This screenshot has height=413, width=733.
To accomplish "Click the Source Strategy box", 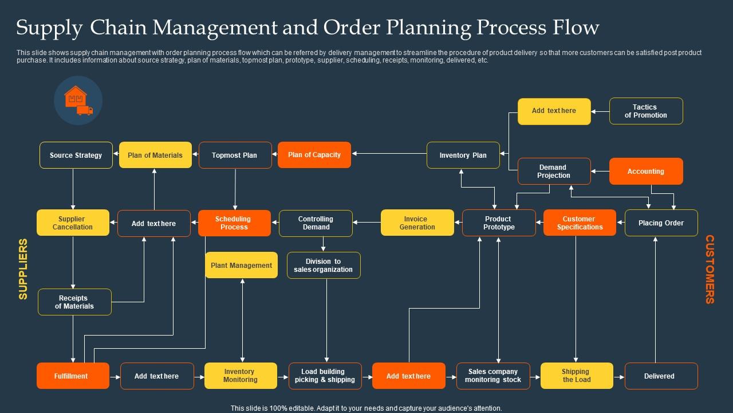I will (x=76, y=155).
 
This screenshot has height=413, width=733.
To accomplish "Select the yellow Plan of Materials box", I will (x=155, y=155).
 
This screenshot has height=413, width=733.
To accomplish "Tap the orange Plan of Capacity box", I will (x=314, y=155).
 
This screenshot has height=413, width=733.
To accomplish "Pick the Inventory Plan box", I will (x=463, y=155).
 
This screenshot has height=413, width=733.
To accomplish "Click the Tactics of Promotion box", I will (x=646, y=111).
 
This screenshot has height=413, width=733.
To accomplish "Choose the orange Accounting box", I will (x=646, y=172).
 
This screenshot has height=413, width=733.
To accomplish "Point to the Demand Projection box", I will (x=554, y=172).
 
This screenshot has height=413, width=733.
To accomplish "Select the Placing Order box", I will (x=661, y=223).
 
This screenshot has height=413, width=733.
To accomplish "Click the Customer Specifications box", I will (x=580, y=223).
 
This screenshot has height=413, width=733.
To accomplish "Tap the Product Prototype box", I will (x=498, y=223).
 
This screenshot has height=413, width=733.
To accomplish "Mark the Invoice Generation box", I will (x=417, y=223).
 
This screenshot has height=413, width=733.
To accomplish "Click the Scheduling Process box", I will (x=234, y=223).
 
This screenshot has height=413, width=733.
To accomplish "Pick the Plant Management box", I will (x=241, y=266).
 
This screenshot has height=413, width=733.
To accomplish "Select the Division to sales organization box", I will (x=324, y=266).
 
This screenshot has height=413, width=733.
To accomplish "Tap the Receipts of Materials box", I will (x=74, y=302).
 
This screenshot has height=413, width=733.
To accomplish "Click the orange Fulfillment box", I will (x=73, y=376).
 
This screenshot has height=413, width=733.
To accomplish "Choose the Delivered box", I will (x=661, y=376).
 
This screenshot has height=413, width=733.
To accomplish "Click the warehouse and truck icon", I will (x=78, y=101).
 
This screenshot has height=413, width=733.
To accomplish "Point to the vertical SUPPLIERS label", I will (x=23, y=269).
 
